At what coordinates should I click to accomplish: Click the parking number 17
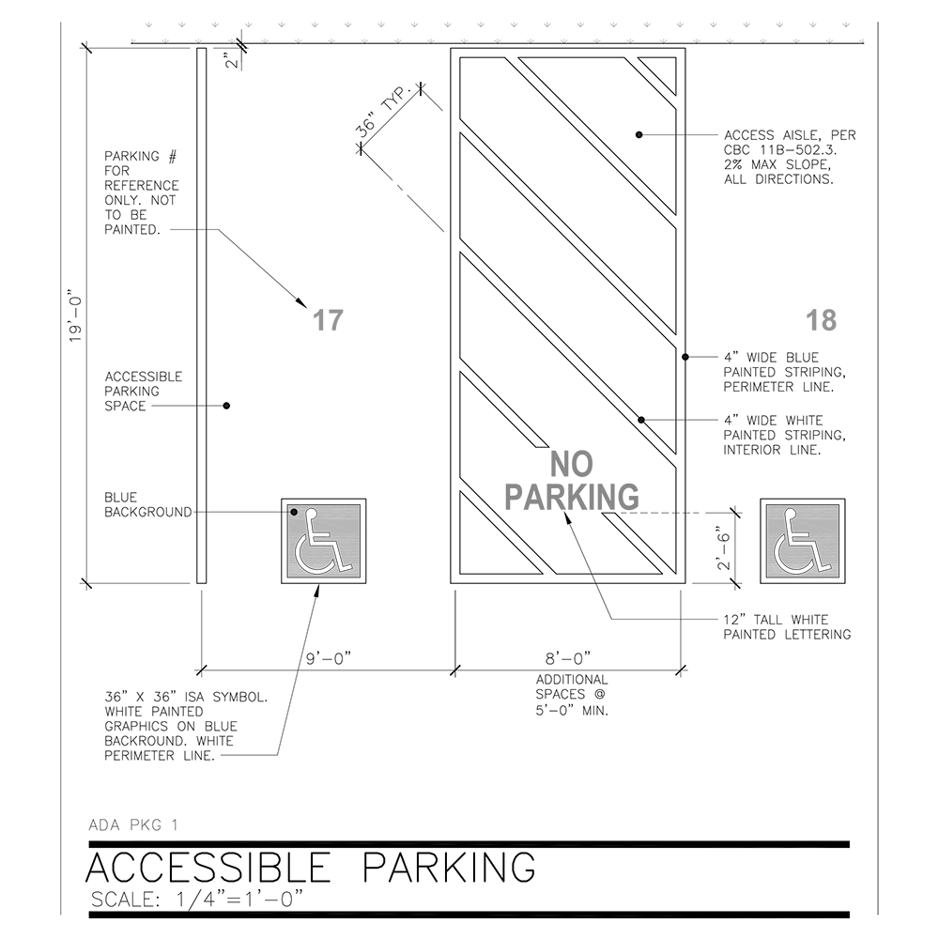[327, 320]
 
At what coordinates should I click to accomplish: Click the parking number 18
[821, 320]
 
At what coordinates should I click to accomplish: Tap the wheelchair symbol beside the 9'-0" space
[324, 541]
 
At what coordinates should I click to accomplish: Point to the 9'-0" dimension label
[329, 659]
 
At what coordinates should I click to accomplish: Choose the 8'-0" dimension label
[568, 659]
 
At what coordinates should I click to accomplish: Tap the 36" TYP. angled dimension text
[387, 115]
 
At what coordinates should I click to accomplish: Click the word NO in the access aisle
[573, 465]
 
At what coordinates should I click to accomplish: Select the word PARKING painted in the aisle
[573, 496]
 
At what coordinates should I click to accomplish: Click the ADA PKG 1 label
[132, 825]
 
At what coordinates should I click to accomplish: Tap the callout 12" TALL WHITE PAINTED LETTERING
[787, 627]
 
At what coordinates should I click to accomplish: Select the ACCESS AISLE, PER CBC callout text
[790, 157]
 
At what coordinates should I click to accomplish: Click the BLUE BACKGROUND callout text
[147, 504]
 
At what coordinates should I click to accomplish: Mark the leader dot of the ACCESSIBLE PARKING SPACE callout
[226, 406]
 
